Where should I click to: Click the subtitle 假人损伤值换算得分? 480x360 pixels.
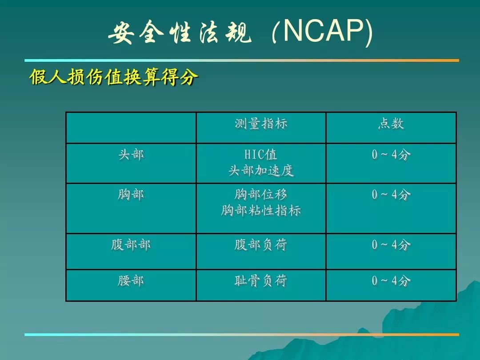(114, 76)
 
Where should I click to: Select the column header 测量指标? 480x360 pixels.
(261, 124)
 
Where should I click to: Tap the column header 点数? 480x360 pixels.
(391, 124)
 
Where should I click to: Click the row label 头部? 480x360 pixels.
(131, 155)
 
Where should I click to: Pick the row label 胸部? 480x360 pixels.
(131, 195)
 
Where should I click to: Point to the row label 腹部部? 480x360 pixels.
(131, 245)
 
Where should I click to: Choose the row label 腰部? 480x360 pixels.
(131, 281)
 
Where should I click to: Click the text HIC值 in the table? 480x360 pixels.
(261, 155)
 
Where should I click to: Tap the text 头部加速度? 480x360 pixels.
(261, 171)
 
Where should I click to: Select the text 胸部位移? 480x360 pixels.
(261, 195)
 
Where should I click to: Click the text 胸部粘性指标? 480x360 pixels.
(261, 211)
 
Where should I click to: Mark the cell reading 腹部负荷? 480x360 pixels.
(261, 245)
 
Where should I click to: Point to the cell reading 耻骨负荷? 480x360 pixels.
(261, 281)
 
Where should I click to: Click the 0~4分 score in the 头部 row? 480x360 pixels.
(391, 155)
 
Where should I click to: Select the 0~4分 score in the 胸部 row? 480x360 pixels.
(391, 195)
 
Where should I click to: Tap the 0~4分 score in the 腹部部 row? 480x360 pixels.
(391, 245)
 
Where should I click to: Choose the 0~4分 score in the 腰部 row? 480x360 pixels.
(391, 281)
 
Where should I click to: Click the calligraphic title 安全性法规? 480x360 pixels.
(180, 32)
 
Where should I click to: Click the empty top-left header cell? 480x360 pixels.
(131, 128)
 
